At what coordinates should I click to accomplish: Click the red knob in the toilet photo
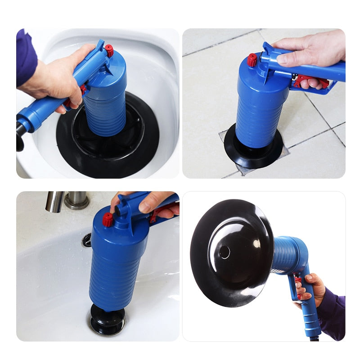coord(109,50)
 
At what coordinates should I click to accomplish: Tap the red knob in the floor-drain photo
coord(252,59)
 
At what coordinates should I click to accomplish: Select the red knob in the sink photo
coord(108,220)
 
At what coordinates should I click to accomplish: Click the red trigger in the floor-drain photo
coord(310,81)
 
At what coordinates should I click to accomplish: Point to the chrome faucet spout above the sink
coord(55,201)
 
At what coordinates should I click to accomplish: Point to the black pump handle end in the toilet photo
coord(20,135)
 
